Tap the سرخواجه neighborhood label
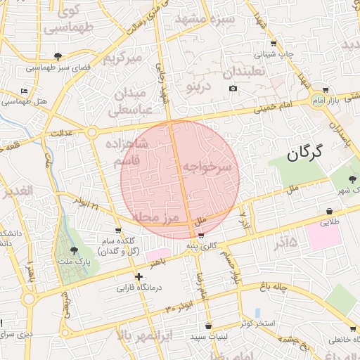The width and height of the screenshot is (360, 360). point(207,167)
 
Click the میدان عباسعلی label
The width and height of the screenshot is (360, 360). point(128,101)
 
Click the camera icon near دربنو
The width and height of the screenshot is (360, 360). point(233,89)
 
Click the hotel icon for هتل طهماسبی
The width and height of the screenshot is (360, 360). point(25,91)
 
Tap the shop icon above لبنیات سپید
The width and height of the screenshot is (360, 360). point(209,326)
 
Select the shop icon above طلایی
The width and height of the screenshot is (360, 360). point(330,211)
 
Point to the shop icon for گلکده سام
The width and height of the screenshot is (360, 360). point(117,230)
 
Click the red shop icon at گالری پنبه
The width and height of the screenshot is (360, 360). point(202,236)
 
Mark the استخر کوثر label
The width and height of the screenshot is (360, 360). point(261,323)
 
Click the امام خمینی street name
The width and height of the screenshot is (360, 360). point(282,105)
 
